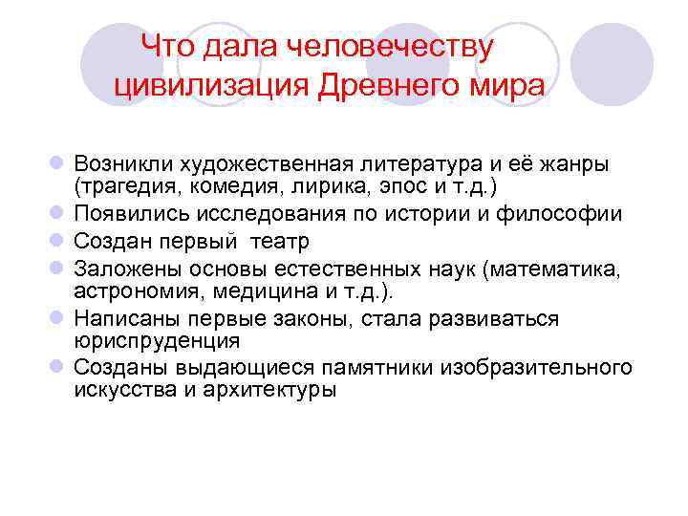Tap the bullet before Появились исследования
pos(58,212)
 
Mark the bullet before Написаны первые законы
pos(58,318)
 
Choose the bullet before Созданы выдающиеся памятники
pos(58,368)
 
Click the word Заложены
pos(120,269)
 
